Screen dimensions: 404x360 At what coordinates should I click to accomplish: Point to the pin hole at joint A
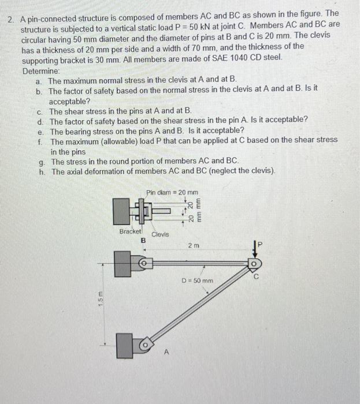146,346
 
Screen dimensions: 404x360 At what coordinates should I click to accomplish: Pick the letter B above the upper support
144,240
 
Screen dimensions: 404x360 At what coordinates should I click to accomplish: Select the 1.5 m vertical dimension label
101,300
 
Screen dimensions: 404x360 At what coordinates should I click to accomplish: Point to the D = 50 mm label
198,281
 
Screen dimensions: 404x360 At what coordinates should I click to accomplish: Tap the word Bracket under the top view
130,231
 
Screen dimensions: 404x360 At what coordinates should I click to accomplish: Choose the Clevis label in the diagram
160,234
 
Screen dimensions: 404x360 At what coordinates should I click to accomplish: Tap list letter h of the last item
42,171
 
